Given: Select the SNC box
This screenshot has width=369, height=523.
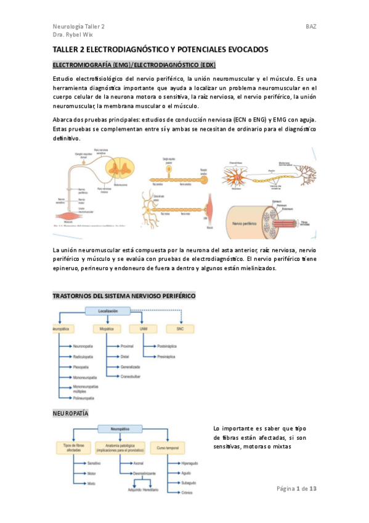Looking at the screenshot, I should point(180,329).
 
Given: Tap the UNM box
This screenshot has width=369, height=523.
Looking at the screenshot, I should point(143,329).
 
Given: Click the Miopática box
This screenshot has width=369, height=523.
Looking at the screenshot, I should point(107,329).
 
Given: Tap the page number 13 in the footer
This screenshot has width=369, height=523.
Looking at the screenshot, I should point(312,488).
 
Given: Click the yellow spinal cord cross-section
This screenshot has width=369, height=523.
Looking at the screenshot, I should point(113,168).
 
